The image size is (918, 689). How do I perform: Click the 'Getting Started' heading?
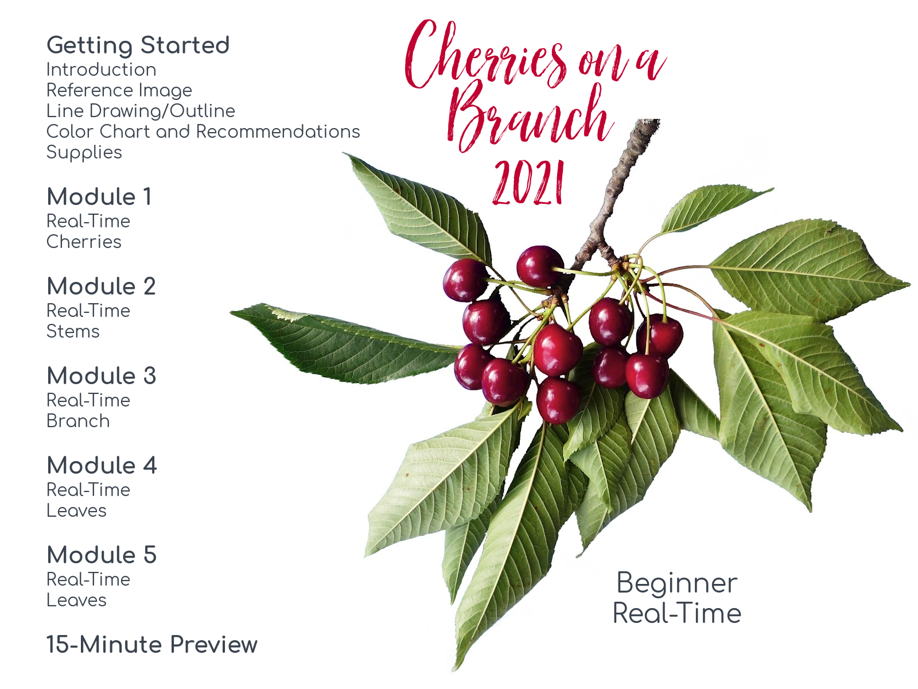[x=138, y=45]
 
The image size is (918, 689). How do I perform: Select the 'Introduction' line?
[x=101, y=69]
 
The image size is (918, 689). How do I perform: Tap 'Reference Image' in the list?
[x=119, y=91]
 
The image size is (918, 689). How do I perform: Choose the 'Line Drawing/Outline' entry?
[x=141, y=111]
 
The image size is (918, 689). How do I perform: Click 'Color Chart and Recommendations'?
[x=203, y=131]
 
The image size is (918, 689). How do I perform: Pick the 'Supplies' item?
[x=84, y=153]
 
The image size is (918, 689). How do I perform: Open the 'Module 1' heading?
[x=99, y=196]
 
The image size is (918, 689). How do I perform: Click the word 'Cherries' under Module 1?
[x=84, y=242]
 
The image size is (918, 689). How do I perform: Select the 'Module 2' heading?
[x=101, y=286]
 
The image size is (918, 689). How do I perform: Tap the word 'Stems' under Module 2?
[x=73, y=331]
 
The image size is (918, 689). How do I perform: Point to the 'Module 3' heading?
[x=102, y=376]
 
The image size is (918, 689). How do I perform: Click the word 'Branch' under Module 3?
[x=78, y=421]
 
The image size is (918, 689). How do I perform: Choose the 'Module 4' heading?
[x=102, y=465]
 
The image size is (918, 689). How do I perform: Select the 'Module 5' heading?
[x=102, y=555]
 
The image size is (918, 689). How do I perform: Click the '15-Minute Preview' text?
[x=152, y=645]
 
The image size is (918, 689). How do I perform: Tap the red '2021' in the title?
[x=528, y=183]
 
